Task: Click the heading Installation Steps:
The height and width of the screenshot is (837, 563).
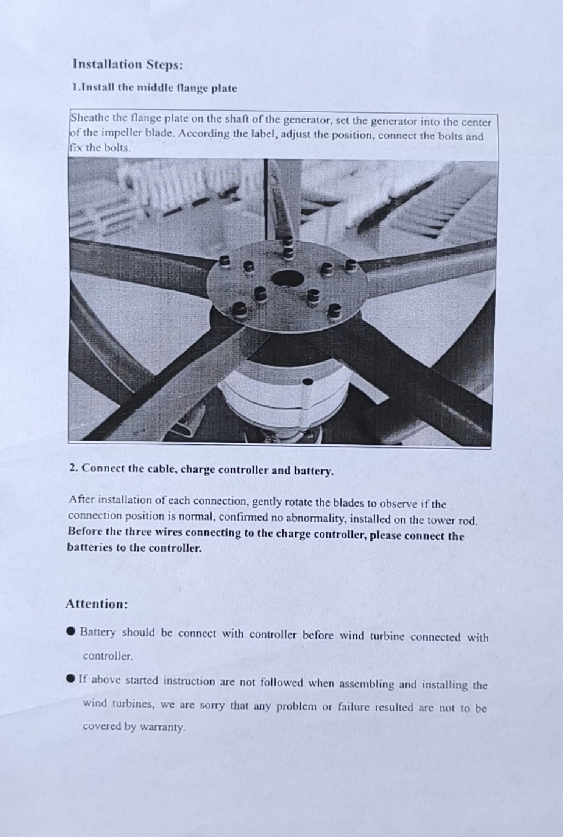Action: [128, 65]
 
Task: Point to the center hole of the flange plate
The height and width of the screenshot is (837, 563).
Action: [287, 278]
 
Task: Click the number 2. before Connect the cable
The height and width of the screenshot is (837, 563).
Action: [74, 468]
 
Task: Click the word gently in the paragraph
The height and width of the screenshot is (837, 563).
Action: [267, 502]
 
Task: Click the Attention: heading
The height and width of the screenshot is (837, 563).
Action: [97, 604]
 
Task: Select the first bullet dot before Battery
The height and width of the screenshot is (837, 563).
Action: [71, 631]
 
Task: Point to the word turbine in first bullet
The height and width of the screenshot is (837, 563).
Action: [387, 636]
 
